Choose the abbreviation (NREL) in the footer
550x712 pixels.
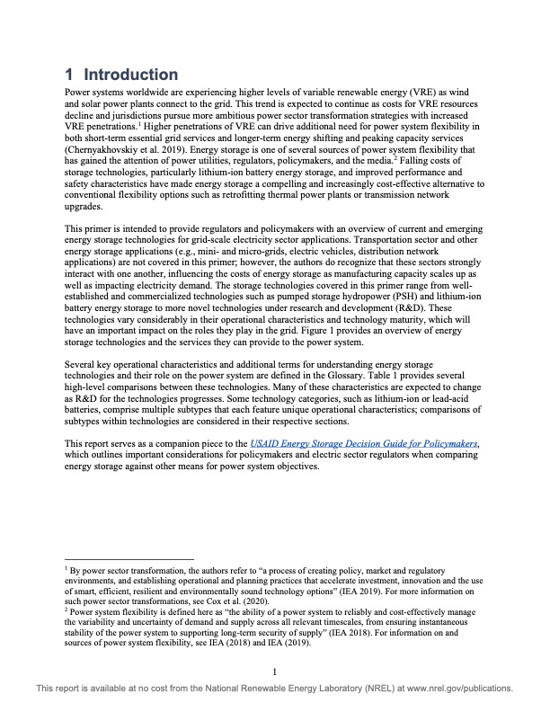(331, 689)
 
